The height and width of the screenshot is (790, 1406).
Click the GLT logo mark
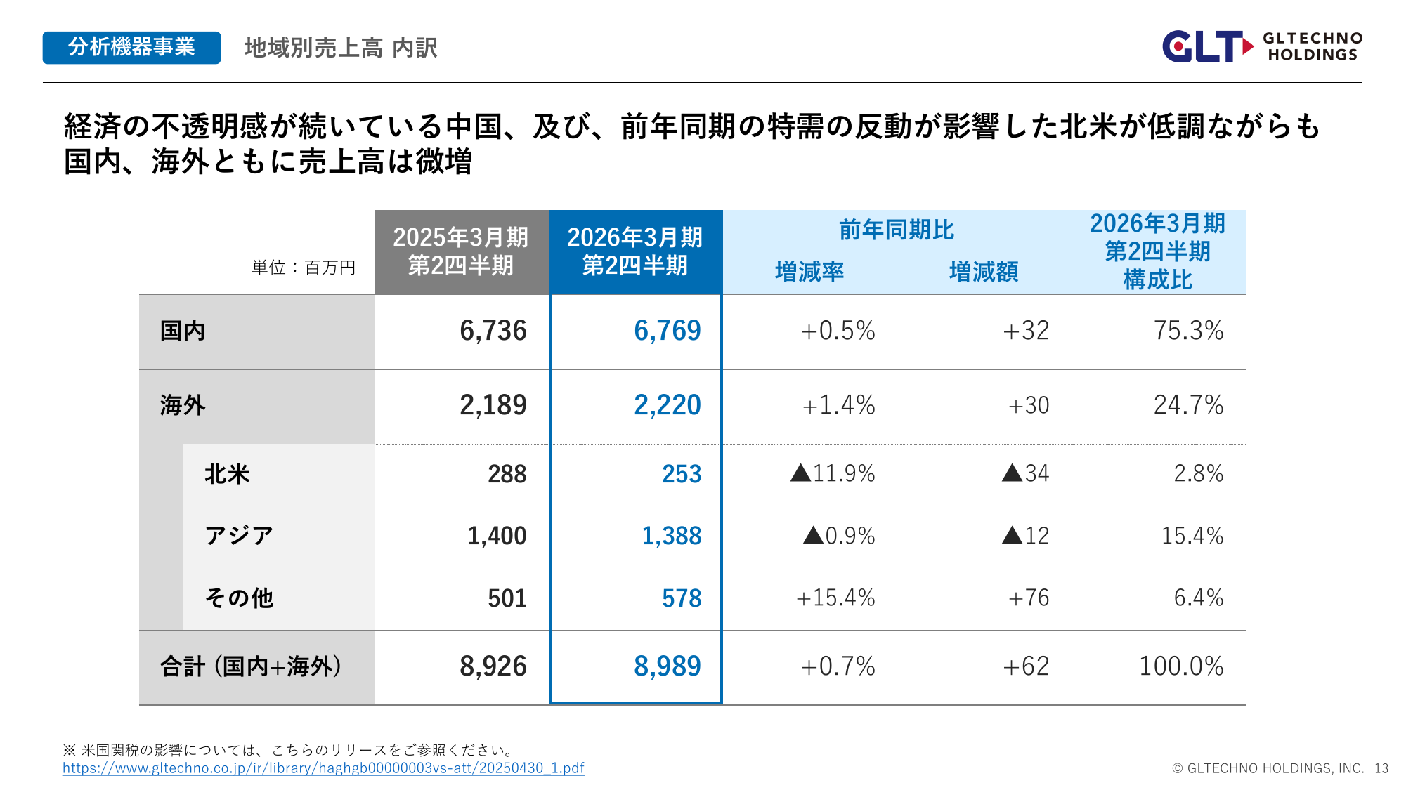point(1206,46)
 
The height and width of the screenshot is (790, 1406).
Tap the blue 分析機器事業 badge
point(131,48)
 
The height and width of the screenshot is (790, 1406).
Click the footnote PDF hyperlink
point(323,768)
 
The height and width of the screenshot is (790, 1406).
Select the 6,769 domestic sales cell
point(667,331)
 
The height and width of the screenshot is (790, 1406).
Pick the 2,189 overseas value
point(493,405)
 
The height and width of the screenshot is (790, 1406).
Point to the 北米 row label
point(227,474)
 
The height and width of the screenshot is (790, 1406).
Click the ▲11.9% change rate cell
point(833,474)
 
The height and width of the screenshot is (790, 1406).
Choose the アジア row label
point(239,536)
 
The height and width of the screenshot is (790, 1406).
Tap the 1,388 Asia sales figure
point(671,536)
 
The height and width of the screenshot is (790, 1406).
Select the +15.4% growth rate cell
point(835,598)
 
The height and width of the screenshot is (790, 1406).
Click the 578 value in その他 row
point(681,598)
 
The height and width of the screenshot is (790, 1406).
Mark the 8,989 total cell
point(667,666)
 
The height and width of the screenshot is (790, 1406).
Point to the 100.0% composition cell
point(1180,666)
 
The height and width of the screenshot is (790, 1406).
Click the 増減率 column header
point(809,272)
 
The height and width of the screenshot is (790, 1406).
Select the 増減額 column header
point(984,272)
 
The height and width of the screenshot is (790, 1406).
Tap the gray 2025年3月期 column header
point(461,251)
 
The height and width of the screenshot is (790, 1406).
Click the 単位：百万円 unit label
point(304,268)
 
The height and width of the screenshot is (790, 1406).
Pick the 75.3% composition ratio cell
point(1188,331)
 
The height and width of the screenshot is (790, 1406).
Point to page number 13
point(1381,768)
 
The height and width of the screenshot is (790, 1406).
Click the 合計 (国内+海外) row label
point(251,666)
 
